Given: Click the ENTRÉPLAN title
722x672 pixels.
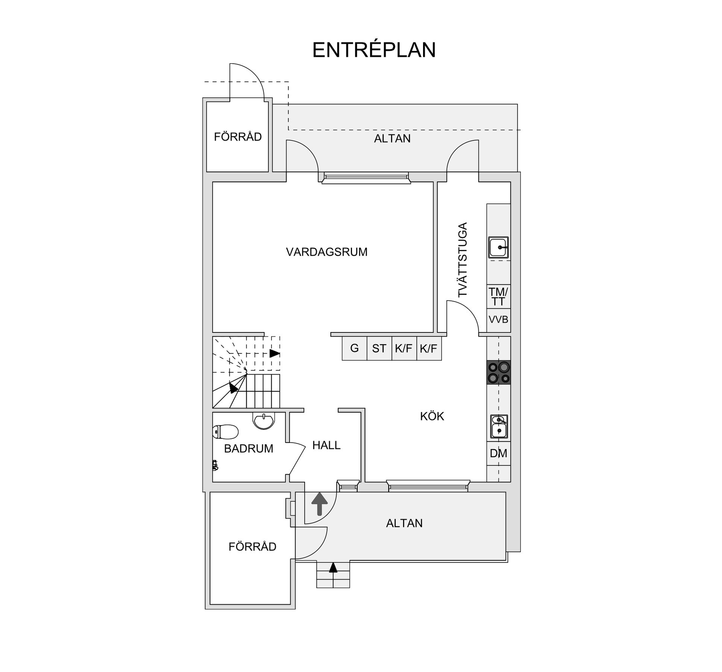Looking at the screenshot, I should coord(374,50).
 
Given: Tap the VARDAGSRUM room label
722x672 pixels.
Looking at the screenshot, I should coord(326,252).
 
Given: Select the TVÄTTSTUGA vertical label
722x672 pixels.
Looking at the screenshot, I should coord(463,260).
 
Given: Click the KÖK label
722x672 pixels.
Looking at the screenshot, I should coord(432,416).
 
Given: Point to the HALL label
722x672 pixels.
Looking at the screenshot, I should coord(326,445).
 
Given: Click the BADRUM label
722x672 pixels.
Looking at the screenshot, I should coord(249,449).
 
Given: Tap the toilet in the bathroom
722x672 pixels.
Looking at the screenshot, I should coord(225,432).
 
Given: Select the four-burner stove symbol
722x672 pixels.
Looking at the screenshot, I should coord(499,372).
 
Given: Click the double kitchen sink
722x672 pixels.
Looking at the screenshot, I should coord(499,426).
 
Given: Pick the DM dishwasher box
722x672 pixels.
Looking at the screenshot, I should coord(499,454).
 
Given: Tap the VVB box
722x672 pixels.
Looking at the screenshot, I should coord(499,320).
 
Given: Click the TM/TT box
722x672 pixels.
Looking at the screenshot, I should coord(499,296).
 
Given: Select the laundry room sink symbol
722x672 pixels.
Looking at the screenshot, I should coord(499,247).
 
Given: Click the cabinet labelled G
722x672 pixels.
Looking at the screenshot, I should coord(354,348).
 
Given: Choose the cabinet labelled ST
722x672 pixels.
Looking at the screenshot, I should coord(379,348).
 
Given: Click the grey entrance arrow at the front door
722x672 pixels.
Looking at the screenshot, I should coord(320,503).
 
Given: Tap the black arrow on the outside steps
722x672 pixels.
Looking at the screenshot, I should coord(333,567).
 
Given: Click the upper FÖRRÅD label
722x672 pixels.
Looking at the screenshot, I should coord(238,137).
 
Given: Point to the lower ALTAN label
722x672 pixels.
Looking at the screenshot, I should coord(404,523).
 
